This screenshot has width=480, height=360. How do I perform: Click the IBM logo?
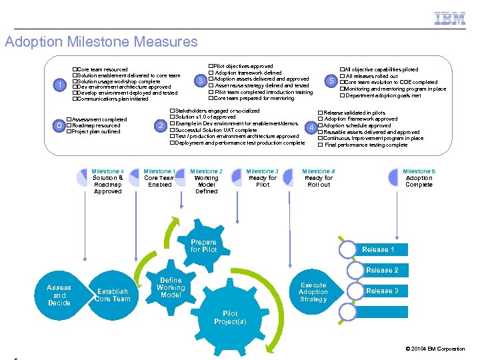point(450,19)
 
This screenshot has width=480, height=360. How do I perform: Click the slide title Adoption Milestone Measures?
point(101,42)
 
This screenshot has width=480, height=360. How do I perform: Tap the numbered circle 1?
point(61,85)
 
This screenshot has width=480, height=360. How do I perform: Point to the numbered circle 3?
point(201,81)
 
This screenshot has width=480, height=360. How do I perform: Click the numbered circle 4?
point(310,127)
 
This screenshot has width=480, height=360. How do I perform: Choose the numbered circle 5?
point(331,81)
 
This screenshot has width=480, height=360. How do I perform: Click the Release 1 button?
point(379,249)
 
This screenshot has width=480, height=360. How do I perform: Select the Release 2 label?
point(382,270)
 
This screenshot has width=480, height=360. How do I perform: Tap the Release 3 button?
point(382,291)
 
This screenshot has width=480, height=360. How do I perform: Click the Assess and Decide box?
point(59,295)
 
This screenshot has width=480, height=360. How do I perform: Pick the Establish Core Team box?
point(113,295)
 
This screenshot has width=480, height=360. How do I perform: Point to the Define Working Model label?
point(171,287)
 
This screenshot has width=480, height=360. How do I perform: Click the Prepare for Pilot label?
point(203,246)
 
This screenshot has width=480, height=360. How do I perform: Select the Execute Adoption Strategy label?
point(313,292)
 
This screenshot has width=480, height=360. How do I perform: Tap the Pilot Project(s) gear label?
point(230,317)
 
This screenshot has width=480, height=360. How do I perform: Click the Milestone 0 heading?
point(107,171)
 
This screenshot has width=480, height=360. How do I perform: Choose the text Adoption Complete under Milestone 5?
point(419,181)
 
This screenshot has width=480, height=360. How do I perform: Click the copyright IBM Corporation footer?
point(435,349)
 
